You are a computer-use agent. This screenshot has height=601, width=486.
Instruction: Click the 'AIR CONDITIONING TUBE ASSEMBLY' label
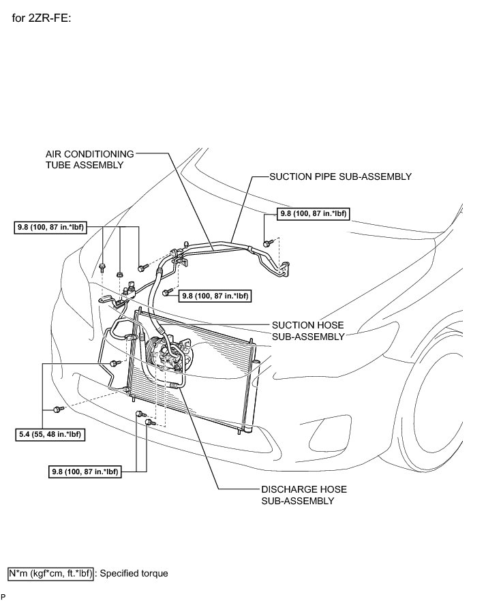[89, 159]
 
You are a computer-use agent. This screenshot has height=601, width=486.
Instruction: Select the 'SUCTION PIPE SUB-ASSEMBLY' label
[340, 176]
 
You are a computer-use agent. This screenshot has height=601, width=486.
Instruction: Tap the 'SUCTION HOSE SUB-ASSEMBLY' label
[307, 330]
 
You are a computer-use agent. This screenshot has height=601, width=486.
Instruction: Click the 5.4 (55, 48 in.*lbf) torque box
[47, 433]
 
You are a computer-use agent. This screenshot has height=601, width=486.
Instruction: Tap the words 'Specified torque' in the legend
[135, 573]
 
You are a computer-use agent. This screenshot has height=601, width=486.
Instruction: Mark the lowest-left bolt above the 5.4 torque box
[57, 409]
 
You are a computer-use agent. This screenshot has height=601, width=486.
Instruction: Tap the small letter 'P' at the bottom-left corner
[3, 596]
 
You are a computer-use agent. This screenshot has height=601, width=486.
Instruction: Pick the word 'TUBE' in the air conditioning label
[59, 165]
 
